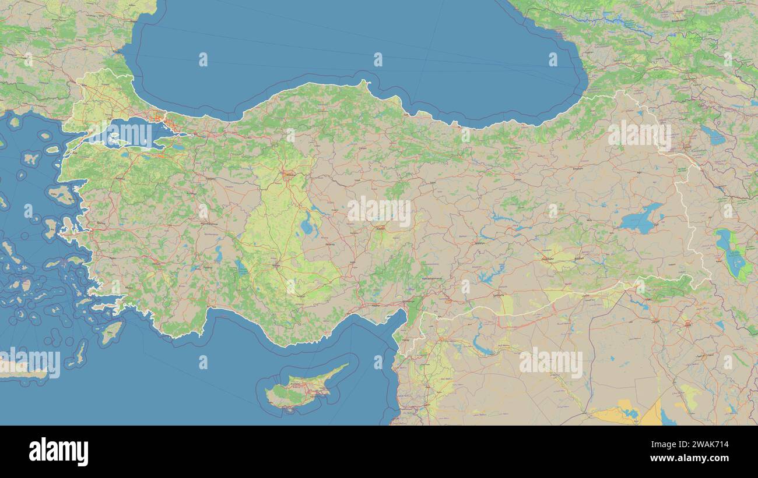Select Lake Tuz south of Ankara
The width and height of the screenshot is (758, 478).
click(306, 224)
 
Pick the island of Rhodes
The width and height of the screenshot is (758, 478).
click(111, 332)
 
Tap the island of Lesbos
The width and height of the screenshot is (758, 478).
click(61, 194)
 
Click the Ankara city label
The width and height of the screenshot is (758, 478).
click(289, 174)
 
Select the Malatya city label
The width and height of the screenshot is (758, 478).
click(479, 243)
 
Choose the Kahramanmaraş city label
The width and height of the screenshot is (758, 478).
click(432, 279)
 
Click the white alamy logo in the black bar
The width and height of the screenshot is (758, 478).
click(58, 452)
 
